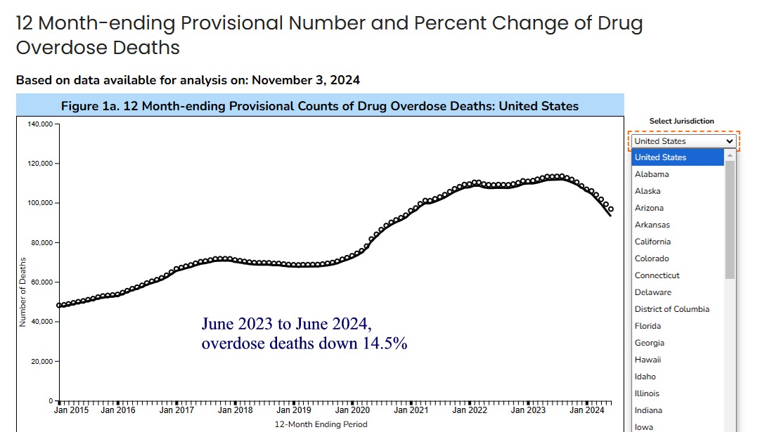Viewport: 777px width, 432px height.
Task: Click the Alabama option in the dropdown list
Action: (x=652, y=174)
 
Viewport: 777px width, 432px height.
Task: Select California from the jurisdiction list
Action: (x=653, y=242)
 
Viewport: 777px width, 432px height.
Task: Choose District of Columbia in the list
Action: (x=672, y=309)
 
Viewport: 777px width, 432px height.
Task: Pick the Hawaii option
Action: (x=648, y=360)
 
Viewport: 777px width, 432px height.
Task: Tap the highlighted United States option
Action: (x=660, y=157)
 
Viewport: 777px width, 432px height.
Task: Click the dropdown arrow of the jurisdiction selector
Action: (x=729, y=141)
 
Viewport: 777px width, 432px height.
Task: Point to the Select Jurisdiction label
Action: (x=681, y=121)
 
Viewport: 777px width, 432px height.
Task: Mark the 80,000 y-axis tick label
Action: (x=41, y=243)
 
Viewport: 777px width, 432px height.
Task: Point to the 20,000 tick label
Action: (x=41, y=361)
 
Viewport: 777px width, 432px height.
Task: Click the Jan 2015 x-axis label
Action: (x=72, y=410)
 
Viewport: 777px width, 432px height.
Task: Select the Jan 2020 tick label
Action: (x=352, y=410)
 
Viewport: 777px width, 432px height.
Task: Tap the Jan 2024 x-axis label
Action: (x=587, y=410)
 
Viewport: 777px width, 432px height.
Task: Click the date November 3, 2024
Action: (x=306, y=80)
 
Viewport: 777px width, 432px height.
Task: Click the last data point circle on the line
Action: (x=610, y=209)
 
